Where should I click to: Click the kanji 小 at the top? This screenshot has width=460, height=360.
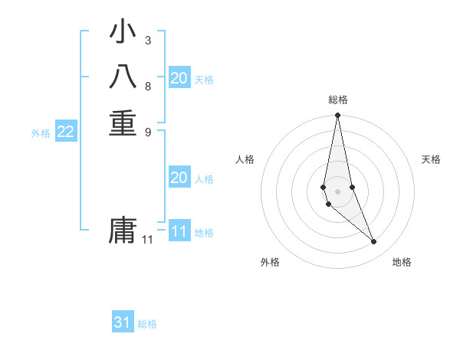(x=123, y=33)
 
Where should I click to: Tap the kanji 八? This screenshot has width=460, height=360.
(x=123, y=78)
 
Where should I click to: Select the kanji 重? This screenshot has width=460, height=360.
(x=123, y=123)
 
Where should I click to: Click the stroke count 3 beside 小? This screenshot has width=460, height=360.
(x=147, y=40)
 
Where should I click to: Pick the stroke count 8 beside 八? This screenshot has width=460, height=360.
(x=147, y=86)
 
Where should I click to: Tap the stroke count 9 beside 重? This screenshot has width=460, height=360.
(x=147, y=131)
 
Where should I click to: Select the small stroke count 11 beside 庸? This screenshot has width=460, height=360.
(x=147, y=240)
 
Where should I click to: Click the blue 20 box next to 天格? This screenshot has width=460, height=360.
(x=179, y=77)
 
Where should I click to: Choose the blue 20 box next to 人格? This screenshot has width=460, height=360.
(x=179, y=178)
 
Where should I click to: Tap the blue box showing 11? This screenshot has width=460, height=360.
(x=179, y=231)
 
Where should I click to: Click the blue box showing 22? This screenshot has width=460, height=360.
(x=66, y=132)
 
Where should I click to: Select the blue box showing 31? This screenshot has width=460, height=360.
(x=123, y=322)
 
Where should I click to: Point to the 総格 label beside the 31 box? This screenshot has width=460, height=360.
(x=147, y=324)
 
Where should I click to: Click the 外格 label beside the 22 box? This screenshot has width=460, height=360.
(x=41, y=133)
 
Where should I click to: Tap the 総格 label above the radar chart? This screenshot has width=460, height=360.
(x=338, y=100)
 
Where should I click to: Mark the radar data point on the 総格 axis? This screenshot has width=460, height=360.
(x=338, y=116)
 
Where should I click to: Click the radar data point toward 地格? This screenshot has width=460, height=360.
(x=374, y=242)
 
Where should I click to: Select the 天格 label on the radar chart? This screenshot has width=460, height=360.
(x=432, y=159)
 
